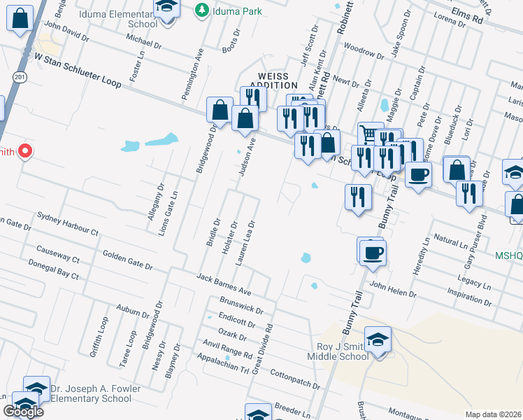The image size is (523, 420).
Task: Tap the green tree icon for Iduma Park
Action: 202,10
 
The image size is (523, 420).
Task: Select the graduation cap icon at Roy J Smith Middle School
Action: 378,340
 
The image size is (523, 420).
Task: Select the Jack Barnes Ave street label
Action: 223,284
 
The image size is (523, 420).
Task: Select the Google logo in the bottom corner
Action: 23,412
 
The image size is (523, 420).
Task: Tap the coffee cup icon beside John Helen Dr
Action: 372,253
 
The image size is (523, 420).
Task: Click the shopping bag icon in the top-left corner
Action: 20,17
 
